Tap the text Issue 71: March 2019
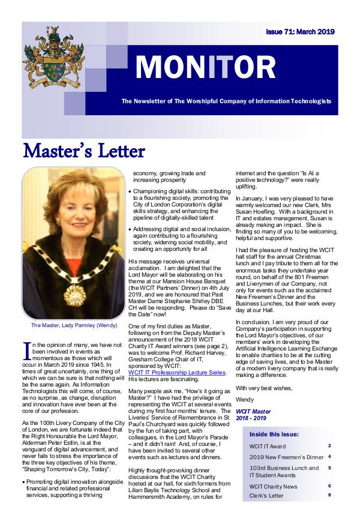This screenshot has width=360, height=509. (x=300, y=32)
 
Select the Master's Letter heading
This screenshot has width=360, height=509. (x=83, y=150)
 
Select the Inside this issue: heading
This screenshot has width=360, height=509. (x=274, y=434)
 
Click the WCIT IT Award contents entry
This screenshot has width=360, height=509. (x=268, y=447)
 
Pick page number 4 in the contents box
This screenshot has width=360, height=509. (x=329, y=457)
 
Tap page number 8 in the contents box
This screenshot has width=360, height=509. (x=329, y=495)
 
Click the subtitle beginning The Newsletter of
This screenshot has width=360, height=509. (x=226, y=101)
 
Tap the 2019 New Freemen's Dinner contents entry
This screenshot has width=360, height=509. (x=282, y=457)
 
